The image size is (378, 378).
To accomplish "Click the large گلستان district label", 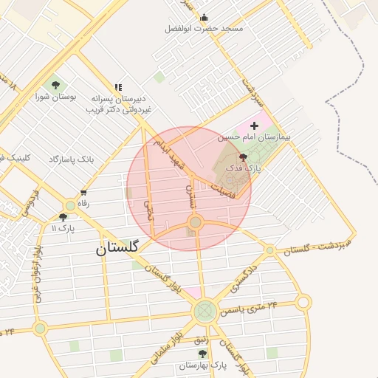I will (117, 249).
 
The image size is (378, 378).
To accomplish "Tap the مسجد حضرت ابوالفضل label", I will (204, 29).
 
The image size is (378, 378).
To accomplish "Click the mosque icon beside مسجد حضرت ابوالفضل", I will (205, 18).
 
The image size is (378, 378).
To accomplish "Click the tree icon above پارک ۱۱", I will (63, 217).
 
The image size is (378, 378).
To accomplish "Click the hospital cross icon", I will (255, 126).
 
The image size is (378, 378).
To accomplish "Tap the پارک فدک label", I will (244, 169).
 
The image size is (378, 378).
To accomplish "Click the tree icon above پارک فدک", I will (244, 157).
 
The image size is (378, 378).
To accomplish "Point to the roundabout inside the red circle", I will (195, 222).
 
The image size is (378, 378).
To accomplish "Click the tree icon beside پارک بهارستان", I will (202, 354).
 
